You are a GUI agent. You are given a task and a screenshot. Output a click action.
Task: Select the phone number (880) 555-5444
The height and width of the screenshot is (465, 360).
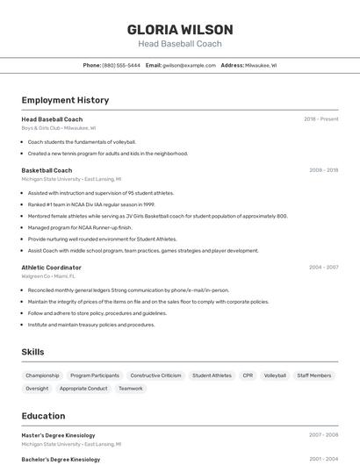[x=121, y=65]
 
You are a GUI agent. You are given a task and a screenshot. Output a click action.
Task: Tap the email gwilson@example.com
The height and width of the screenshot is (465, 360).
[x=189, y=65]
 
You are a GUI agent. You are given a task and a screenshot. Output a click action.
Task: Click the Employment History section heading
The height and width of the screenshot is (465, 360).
[x=65, y=100]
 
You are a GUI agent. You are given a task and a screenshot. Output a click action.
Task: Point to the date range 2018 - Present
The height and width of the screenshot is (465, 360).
[x=320, y=119]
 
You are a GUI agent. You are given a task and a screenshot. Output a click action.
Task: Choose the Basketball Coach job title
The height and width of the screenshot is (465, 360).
[x=47, y=170]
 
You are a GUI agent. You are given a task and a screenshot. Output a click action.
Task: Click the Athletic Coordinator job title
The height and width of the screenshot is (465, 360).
[x=51, y=268]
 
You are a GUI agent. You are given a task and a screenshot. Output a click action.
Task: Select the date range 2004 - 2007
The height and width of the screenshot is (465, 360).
[x=323, y=268]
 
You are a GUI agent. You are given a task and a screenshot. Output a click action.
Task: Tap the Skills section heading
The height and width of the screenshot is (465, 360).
[x=33, y=352]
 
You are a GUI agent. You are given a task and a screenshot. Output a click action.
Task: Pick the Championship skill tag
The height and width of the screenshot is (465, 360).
[x=42, y=376]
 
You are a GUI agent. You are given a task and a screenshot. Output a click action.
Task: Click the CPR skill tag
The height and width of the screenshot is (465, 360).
[x=248, y=376]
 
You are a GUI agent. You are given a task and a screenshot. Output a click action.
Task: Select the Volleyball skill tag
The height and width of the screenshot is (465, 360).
[x=275, y=376]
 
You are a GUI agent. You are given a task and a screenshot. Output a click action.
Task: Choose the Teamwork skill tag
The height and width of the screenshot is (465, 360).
[x=131, y=388]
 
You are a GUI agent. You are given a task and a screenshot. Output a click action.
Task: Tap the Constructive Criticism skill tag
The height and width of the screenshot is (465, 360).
[x=155, y=376]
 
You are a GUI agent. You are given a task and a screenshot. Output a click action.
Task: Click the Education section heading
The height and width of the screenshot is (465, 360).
[x=43, y=416]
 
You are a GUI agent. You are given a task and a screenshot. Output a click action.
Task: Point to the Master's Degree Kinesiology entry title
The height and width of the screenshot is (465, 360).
[x=58, y=435]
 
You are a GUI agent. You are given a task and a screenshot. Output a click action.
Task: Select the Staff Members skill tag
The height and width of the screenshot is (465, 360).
[x=314, y=376]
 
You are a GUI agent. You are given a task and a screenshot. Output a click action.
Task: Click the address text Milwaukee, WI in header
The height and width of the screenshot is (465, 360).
[x=261, y=65]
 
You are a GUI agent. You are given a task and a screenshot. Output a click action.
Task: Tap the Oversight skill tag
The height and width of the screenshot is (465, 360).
[x=37, y=388]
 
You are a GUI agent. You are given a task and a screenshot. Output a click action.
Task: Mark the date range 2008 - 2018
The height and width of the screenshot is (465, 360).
[x=323, y=170]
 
